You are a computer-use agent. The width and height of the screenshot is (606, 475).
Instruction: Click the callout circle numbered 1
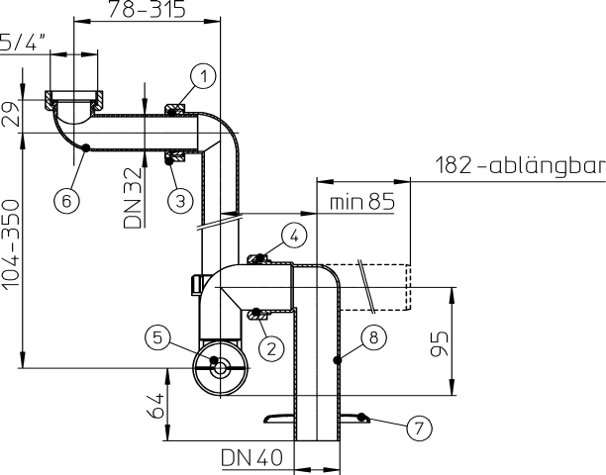point(203,75)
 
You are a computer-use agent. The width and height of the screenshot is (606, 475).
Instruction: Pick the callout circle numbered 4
point(295,236)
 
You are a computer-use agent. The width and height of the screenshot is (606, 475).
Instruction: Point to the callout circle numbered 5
point(157,336)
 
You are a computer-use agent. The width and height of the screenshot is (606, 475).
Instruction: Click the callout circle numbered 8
point(372,337)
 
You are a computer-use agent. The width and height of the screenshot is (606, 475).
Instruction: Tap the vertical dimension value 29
point(11,114)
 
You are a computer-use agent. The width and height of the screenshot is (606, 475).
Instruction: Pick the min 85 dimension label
point(361,203)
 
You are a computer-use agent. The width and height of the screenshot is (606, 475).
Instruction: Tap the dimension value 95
point(443,342)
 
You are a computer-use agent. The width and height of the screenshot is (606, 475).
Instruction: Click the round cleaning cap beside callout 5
point(221,368)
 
